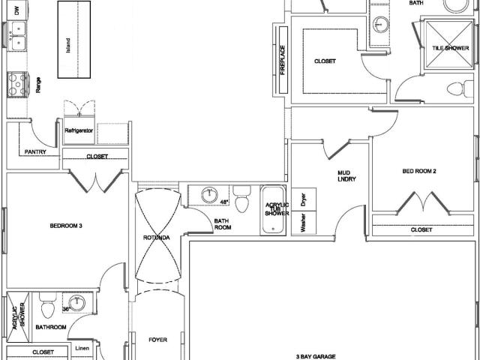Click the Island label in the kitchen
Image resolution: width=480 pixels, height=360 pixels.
click(x=68, y=45)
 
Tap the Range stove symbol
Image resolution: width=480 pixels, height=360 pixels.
click(x=18, y=85)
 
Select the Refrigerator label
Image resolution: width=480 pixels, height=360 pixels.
click(x=79, y=130)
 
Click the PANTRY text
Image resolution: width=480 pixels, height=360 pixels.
click(x=35, y=151)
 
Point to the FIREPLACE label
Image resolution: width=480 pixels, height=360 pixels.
click(x=283, y=60)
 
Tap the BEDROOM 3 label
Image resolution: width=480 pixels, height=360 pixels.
click(x=66, y=226)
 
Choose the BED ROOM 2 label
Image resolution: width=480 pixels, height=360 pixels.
click(x=419, y=172)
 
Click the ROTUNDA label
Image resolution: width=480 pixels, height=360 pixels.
click(x=157, y=238)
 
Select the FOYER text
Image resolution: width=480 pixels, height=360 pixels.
click(x=158, y=340)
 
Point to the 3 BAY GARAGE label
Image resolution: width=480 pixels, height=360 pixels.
click(x=316, y=357)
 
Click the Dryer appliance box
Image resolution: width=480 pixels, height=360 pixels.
click(x=304, y=199)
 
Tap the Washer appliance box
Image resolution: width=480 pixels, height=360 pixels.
click(x=304, y=223)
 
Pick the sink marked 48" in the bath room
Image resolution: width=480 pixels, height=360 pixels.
click(x=210, y=195)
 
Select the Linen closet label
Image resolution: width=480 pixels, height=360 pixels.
click(x=82, y=348)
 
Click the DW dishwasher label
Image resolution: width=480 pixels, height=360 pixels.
click(x=16, y=11)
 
